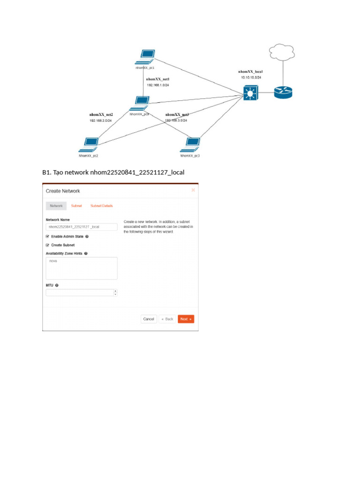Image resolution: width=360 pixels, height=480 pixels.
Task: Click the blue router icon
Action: coord(283,92)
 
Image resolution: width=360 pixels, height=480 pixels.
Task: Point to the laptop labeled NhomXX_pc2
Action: coord(90,144)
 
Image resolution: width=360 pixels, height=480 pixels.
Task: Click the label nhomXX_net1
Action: coord(157,79)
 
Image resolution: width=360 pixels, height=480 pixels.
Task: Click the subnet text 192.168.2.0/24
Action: coord(100,120)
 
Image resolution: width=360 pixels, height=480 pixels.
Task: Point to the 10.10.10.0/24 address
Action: coord(251,77)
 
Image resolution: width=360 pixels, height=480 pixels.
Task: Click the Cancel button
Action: coord(149,319)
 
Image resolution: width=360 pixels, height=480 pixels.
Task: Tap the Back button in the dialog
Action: coord(167,319)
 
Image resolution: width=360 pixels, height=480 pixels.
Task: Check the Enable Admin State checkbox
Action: coord(47,237)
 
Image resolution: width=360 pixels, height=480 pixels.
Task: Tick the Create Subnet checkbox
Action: coord(47,245)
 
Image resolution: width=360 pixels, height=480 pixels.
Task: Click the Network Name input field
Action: coord(82,227)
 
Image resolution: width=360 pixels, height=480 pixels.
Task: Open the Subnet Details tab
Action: coord(102,206)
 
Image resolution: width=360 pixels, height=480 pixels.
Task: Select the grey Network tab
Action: coord(56,206)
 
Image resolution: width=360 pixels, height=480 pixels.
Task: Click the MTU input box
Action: coord(80,292)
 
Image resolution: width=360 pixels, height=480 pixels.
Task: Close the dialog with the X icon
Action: coord(193,190)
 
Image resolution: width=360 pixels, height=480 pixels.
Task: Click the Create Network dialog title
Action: coord(63,191)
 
